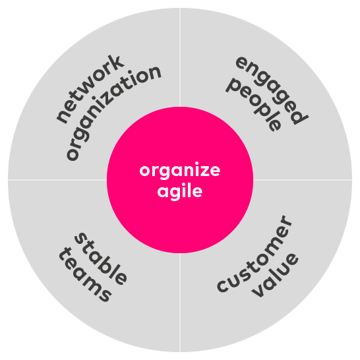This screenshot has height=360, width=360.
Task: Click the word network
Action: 90,89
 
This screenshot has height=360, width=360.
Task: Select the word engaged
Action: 272,90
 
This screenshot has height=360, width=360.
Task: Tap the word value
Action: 275,275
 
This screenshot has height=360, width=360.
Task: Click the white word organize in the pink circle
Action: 180,171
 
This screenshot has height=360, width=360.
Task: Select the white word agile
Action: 180,192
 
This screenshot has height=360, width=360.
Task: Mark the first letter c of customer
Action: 223,286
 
